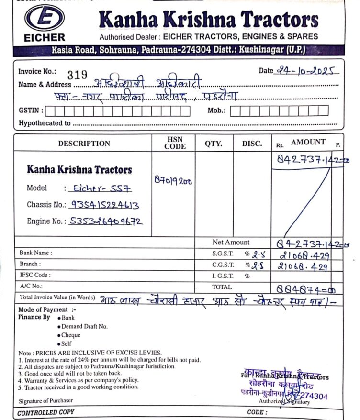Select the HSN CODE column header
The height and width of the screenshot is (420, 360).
coord(175,143)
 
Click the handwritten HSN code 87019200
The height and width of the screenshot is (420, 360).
coord(173,181)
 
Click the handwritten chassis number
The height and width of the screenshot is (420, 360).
coord(104,205)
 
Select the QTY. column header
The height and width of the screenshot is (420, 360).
coord(214,144)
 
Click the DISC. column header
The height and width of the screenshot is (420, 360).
coord(252,144)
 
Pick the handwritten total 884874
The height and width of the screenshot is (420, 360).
coord(305,288)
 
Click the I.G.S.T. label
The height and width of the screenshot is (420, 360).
coord(223,276)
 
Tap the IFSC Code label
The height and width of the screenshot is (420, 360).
coord(35,275)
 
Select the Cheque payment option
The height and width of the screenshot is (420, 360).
coord(71,335)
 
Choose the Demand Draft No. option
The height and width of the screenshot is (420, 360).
coord(84,326)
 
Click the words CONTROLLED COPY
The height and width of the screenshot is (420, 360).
coord(46,412)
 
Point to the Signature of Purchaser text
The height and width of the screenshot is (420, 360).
coord(46,400)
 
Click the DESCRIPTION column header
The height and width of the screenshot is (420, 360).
coord(84,144)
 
